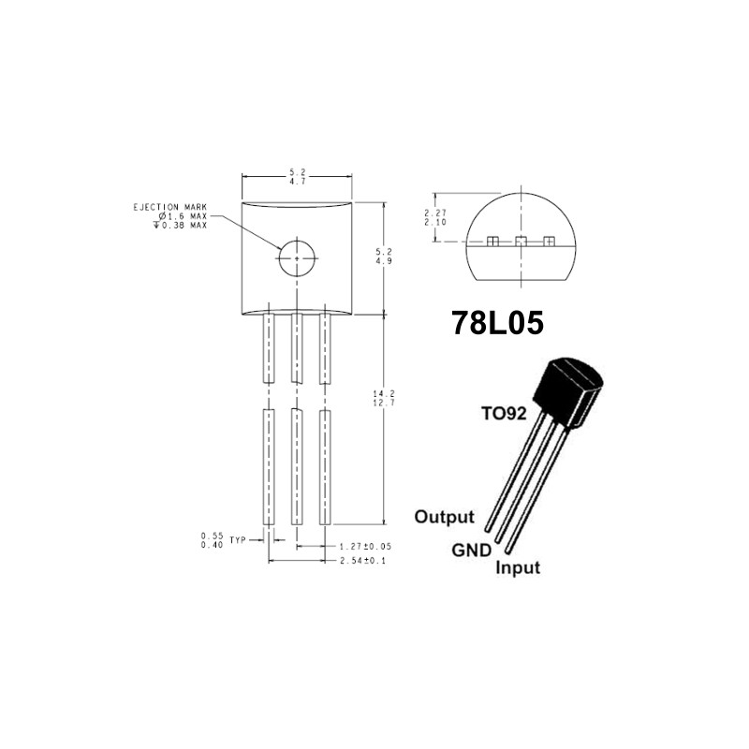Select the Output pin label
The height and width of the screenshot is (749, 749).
coord(445,517)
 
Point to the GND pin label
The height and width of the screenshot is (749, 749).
coord(471,551)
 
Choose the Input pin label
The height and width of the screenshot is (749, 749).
coord(518,567)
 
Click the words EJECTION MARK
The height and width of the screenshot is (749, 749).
coord(169,207)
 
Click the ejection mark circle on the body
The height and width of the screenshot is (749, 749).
coord(297,256)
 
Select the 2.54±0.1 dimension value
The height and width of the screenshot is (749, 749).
coord(361,560)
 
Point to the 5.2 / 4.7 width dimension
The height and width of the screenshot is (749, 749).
coord(298,176)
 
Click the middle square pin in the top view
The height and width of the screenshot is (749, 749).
coord(521,242)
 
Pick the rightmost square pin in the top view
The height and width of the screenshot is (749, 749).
coord(549,242)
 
